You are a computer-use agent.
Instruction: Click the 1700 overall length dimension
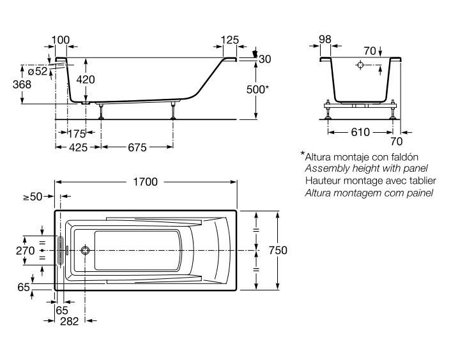click(145, 182)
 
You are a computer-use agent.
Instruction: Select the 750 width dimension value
click(278, 250)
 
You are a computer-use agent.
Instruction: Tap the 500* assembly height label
click(257, 89)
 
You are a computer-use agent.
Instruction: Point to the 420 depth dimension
click(86, 80)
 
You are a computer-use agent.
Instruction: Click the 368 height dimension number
click(22, 84)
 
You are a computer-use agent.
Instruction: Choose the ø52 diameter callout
click(38, 71)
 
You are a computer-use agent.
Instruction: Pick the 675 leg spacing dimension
click(137, 147)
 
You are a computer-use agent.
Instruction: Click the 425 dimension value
click(78, 147)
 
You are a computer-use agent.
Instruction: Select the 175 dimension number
click(77, 133)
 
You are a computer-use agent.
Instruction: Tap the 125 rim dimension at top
click(230, 40)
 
